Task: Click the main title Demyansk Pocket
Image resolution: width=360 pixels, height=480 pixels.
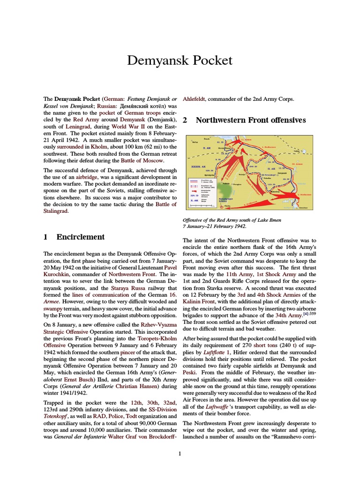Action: click(x=180, y=61)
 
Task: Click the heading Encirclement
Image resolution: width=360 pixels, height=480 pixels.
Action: click(x=80, y=237)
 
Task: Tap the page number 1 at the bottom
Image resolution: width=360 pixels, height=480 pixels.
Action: click(x=180, y=453)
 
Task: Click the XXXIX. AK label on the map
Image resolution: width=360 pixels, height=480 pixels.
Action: click(x=199, y=166)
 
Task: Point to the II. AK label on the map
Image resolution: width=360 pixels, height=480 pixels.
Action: click(x=272, y=168)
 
